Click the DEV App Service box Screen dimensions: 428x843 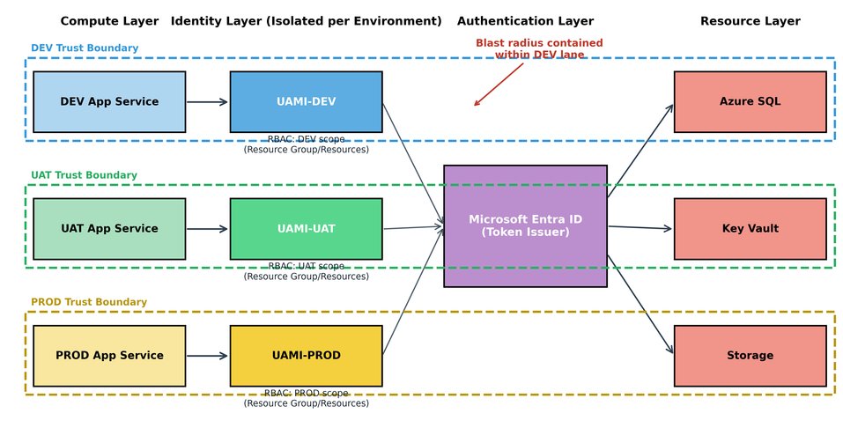[x=109, y=102]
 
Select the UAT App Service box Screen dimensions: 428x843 [x=109, y=229]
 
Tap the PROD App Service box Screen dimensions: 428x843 [x=109, y=356]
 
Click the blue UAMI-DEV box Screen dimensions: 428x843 [x=306, y=102]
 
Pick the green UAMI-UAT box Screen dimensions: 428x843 [x=306, y=229]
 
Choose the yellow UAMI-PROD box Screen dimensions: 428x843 [x=306, y=356]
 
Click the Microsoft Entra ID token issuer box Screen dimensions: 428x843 [x=525, y=226]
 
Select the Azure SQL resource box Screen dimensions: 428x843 [x=750, y=102]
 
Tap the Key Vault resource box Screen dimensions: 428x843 [x=750, y=229]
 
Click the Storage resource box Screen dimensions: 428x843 [x=750, y=356]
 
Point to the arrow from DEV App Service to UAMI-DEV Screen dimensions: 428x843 [x=207, y=102]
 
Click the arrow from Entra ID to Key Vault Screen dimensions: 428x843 [x=640, y=228]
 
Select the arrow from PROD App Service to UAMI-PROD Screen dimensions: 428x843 [x=207, y=356]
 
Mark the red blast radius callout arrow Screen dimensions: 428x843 [x=498, y=85]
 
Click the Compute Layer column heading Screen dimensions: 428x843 [x=109, y=21]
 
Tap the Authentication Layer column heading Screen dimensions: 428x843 [x=525, y=21]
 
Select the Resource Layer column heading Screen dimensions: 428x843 [x=750, y=21]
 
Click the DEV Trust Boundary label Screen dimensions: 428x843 [x=85, y=48]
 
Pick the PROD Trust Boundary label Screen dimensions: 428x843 [x=89, y=302]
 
